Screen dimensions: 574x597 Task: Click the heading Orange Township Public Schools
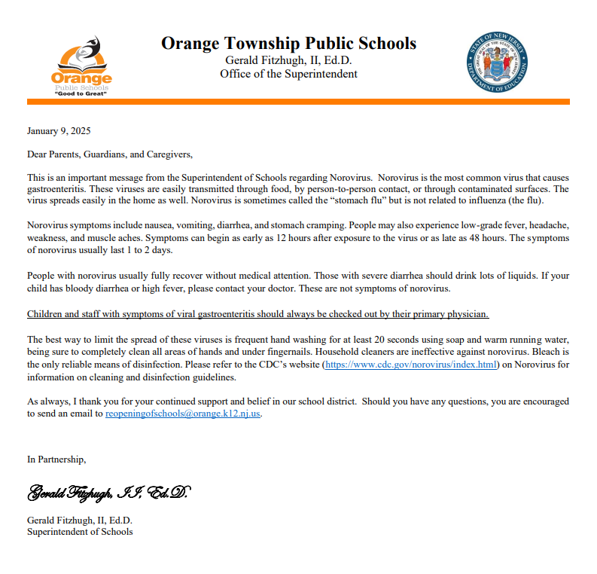pyautogui.click(x=288, y=44)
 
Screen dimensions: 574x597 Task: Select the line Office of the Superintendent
pyautogui.click(x=288, y=74)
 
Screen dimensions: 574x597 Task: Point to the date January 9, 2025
pyautogui.click(x=59, y=131)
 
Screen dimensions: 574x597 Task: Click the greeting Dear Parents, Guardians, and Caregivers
pyautogui.click(x=110, y=154)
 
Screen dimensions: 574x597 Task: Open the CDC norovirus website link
pyautogui.click(x=411, y=365)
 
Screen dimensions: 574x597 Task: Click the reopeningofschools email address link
pyautogui.click(x=183, y=414)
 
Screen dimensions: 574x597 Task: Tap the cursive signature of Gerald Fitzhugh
pyautogui.click(x=109, y=493)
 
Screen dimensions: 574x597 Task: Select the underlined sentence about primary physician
pyautogui.click(x=257, y=313)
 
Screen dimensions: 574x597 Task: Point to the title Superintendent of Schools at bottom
pyautogui.click(x=80, y=532)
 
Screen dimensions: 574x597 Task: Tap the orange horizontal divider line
pyautogui.click(x=298, y=102)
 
